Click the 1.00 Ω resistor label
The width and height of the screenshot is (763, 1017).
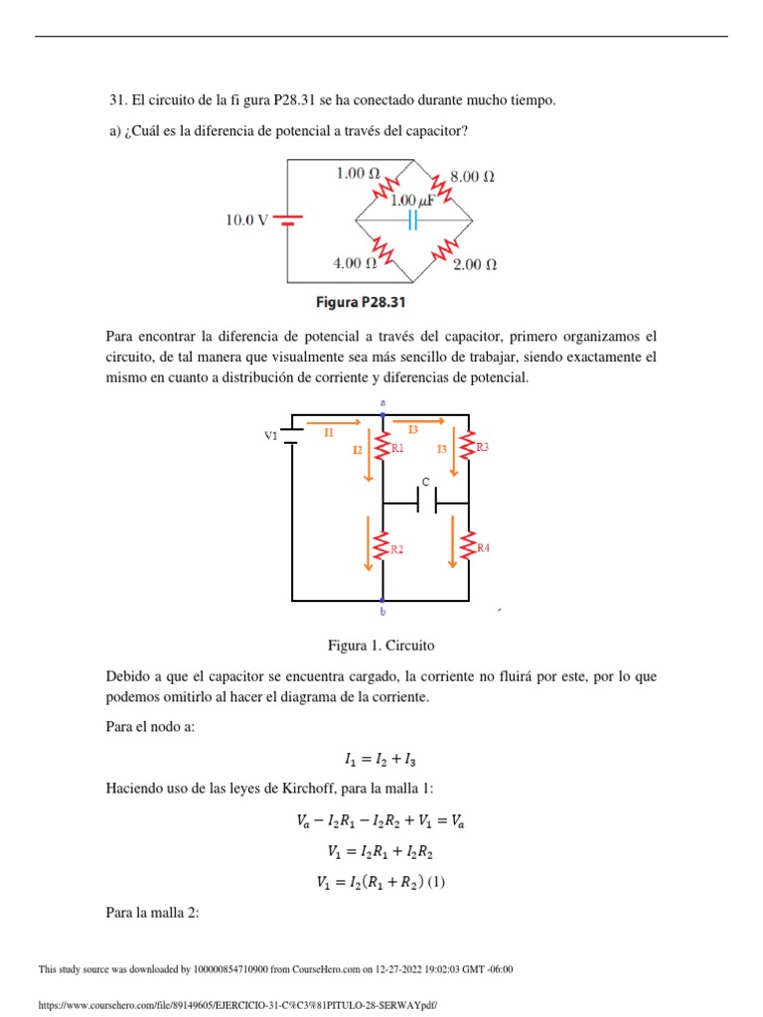pos(358,173)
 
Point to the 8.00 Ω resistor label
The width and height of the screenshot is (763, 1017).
pos(473,177)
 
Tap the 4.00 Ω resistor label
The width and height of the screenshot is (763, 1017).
pos(354,263)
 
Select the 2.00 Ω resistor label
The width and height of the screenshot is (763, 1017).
pos(474,265)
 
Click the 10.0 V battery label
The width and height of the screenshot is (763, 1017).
pos(246,220)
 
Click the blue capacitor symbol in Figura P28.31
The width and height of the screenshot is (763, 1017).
pos(411,220)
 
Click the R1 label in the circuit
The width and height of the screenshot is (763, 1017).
pos(397,449)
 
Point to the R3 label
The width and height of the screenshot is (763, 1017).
pos(483,448)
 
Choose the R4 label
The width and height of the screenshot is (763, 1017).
pos(484,548)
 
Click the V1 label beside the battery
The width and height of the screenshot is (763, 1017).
pos(270,436)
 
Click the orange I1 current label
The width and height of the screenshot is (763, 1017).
pos(328,432)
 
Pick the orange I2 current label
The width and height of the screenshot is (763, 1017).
pos(358,450)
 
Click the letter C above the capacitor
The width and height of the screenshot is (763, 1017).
pos(424,482)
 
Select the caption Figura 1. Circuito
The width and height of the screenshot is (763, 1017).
pos(381,645)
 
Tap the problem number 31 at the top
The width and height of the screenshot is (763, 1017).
pos(115,100)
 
